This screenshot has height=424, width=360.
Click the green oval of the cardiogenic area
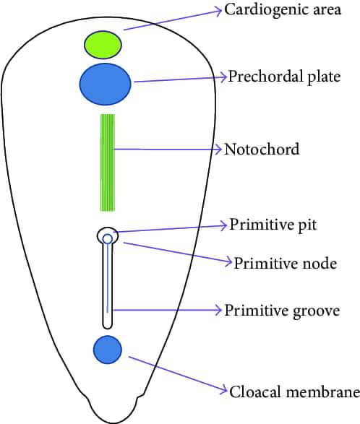103,45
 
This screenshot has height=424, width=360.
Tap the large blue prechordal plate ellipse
105,84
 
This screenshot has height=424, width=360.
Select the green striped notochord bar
108,163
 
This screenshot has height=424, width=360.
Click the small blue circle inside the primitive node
108,239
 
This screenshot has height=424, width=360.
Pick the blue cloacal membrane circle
108,350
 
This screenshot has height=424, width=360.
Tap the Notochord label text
262,149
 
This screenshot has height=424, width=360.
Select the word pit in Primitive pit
307,225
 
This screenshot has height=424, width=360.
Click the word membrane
323,391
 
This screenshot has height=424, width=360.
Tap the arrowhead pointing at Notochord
218,150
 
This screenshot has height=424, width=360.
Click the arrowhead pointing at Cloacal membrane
223,389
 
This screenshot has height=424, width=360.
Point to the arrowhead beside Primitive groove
218,310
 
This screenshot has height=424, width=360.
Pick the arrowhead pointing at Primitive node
228,261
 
